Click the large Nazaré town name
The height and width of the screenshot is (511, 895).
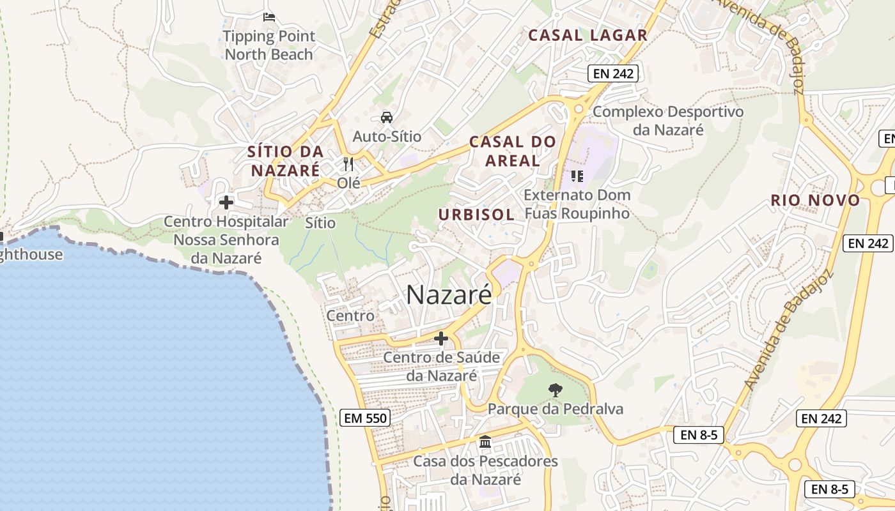click(x=449, y=294)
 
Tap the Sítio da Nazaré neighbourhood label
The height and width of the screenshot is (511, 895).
click(x=285, y=161)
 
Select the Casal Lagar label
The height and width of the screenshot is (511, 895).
click(x=588, y=35)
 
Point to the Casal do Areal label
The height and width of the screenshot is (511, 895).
click(x=513, y=151)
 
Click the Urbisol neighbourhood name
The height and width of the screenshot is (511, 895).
click(x=476, y=215)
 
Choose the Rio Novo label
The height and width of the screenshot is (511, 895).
click(x=815, y=200)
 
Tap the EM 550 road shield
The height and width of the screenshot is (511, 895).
click(x=364, y=418)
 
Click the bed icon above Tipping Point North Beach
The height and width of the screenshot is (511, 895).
click(x=268, y=17)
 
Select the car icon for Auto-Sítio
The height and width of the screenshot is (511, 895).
click(x=387, y=117)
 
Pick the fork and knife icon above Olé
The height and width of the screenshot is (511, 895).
click(x=348, y=164)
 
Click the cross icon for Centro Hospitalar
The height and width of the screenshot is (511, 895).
click(x=226, y=202)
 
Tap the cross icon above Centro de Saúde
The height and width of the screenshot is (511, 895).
click(x=441, y=338)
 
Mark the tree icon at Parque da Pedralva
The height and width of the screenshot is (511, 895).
click(x=556, y=389)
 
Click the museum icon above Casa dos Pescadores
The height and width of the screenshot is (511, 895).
click(x=485, y=441)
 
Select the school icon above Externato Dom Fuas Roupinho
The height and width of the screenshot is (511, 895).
click(x=577, y=176)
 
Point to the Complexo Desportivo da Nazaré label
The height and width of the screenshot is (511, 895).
click(x=668, y=120)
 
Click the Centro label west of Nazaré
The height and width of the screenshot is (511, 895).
click(x=350, y=316)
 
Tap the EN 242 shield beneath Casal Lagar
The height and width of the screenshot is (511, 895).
click(x=613, y=73)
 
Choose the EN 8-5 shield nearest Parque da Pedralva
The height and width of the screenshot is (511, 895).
click(x=698, y=435)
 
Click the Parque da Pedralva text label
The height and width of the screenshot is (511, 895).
click(x=556, y=409)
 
